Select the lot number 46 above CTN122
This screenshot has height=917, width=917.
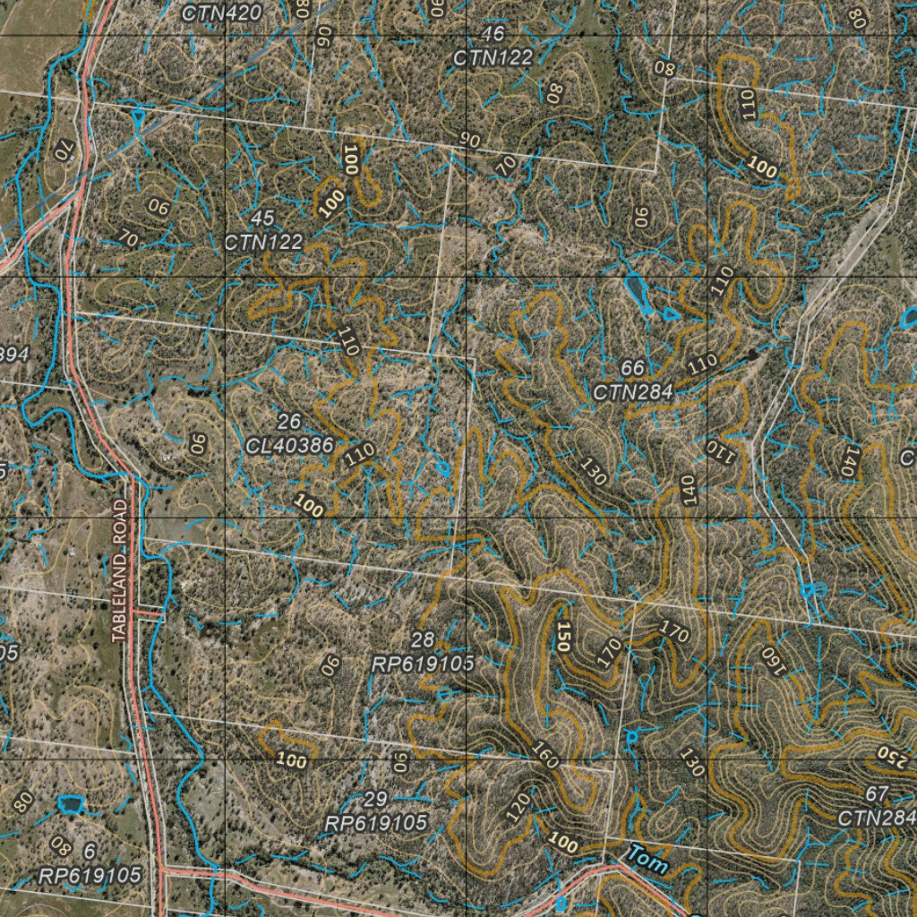coord(493,35)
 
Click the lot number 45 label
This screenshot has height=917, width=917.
coord(262,219)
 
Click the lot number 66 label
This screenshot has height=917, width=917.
coord(632,368)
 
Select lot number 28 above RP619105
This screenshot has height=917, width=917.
coord(423,639)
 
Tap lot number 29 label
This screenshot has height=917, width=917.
coord(376,799)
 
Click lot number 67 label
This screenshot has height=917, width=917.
coord(877,794)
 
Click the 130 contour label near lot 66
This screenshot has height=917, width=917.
coord(593,470)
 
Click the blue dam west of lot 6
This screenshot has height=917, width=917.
coord(68,804)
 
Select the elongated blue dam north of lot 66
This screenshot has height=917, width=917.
coord(638,292)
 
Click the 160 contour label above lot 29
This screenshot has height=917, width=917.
coord(544,755)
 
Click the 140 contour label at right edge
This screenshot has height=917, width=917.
coord(848,460)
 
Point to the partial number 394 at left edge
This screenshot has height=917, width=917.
coord(13,355)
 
